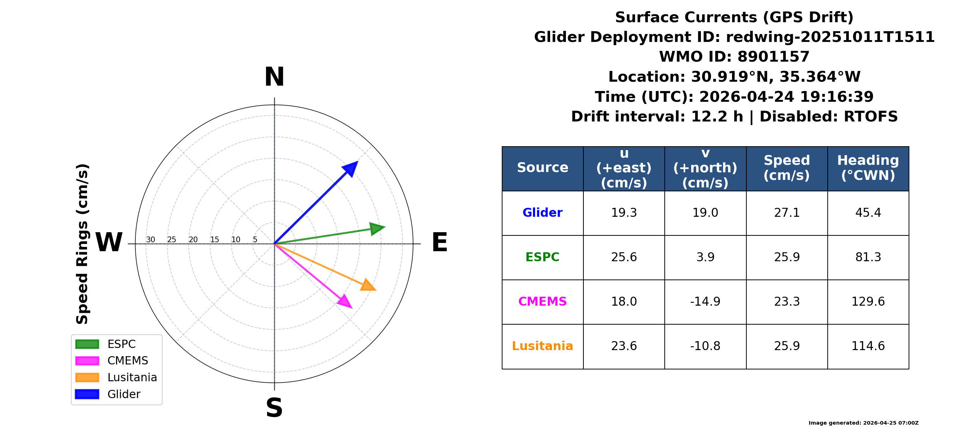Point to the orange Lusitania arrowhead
(368, 285)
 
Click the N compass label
(274, 77)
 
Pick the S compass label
(274, 408)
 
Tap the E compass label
(439, 242)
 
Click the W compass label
(109, 242)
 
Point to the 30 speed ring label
(150, 240)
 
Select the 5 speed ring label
(255, 240)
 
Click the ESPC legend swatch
(87, 344)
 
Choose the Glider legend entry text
(124, 394)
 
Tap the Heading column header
(868, 168)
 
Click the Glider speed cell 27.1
(787, 212)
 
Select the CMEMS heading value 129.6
(868, 302)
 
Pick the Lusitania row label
(543, 346)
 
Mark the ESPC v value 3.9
(705, 257)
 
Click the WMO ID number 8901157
(773, 57)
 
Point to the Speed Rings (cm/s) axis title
(82, 244)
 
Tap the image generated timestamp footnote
(863, 423)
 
